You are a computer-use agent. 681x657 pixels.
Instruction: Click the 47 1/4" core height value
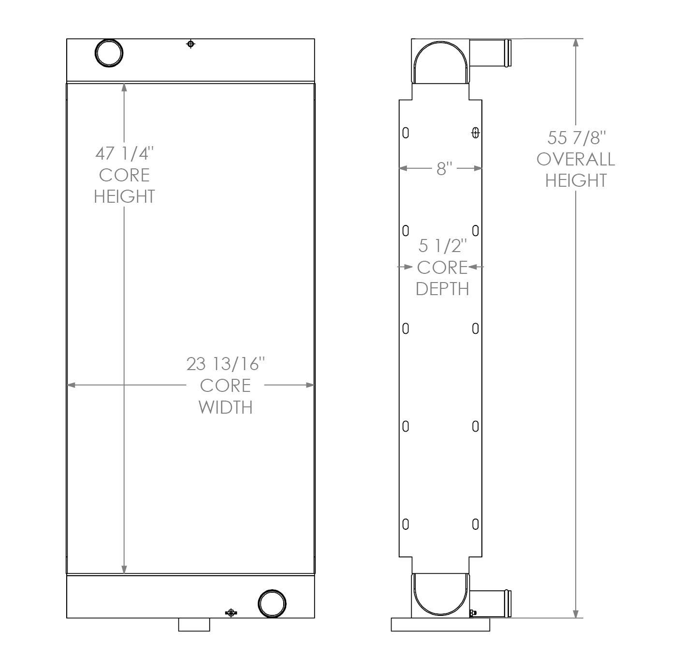(x=124, y=153)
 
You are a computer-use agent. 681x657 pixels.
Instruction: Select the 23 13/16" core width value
(x=226, y=363)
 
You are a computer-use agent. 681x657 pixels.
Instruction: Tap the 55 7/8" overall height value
(x=576, y=138)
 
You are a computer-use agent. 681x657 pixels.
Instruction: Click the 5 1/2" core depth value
(x=442, y=246)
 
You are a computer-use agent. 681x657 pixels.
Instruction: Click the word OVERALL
(x=576, y=159)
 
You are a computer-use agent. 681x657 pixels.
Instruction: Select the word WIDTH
(x=226, y=407)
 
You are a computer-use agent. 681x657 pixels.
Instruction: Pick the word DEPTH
(x=442, y=289)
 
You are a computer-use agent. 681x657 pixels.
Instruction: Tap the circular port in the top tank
(x=109, y=52)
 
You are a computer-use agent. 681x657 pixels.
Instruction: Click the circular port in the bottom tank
(x=272, y=603)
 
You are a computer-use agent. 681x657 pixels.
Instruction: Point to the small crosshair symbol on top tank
(x=191, y=45)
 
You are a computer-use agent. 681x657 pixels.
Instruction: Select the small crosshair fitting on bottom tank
(x=231, y=612)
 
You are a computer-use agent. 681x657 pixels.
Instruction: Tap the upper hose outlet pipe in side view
(x=490, y=53)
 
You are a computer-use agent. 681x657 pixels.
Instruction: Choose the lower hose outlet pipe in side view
(x=490, y=599)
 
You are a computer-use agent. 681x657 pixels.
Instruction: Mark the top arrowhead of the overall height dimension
(x=576, y=43)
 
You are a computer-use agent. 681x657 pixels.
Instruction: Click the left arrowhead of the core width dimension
(x=71, y=385)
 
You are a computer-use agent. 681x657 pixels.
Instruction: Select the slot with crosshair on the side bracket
(x=475, y=133)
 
